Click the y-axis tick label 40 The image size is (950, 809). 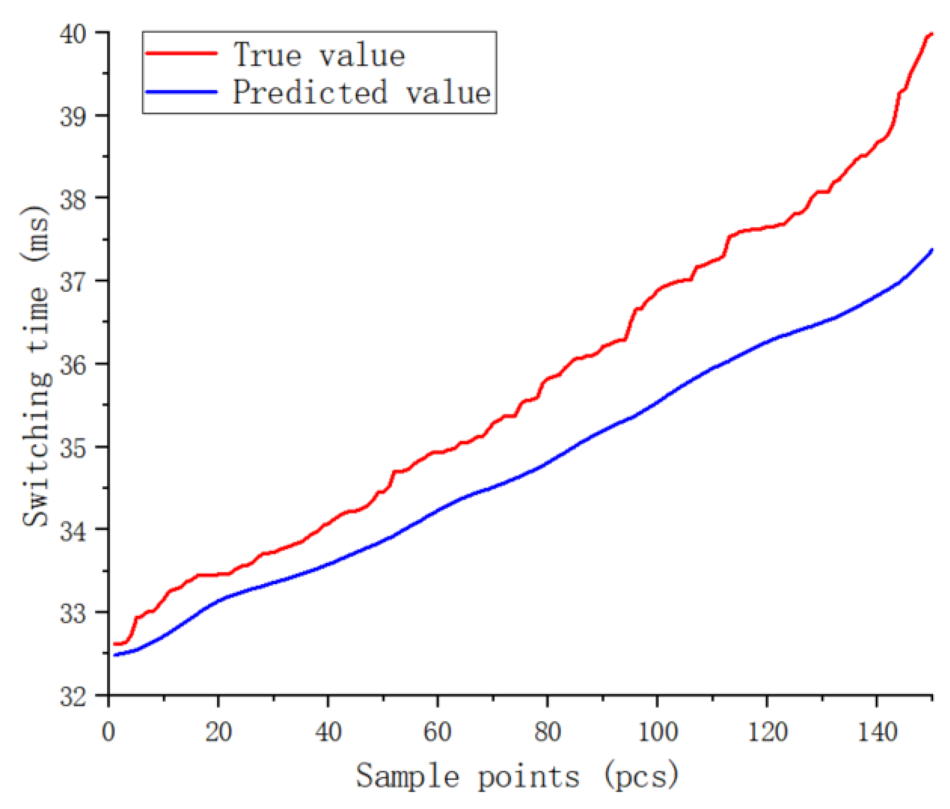pyautogui.click(x=73, y=34)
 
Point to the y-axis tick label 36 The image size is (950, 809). pyautogui.click(x=73, y=365)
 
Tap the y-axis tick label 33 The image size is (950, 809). pyautogui.click(x=73, y=614)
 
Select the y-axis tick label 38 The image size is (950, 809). pyautogui.click(x=73, y=199)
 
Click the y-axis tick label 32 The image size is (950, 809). pyautogui.click(x=73, y=696)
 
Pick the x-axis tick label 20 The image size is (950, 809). pyautogui.click(x=218, y=732)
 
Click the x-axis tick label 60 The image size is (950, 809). pyautogui.click(x=437, y=732)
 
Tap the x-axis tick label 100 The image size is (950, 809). pyautogui.click(x=657, y=732)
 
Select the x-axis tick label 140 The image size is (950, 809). pyautogui.click(x=877, y=732)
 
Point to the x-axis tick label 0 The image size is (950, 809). pyautogui.click(x=109, y=732)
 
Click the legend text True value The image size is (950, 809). pyautogui.click(x=319, y=55)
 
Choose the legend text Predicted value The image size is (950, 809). pyautogui.click(x=362, y=93)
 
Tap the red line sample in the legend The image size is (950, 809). pyautogui.click(x=181, y=53)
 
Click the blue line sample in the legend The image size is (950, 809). pyautogui.click(x=181, y=92)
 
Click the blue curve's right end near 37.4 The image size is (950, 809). pyautogui.click(x=932, y=250)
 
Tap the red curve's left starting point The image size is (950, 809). pyautogui.click(x=115, y=644)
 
